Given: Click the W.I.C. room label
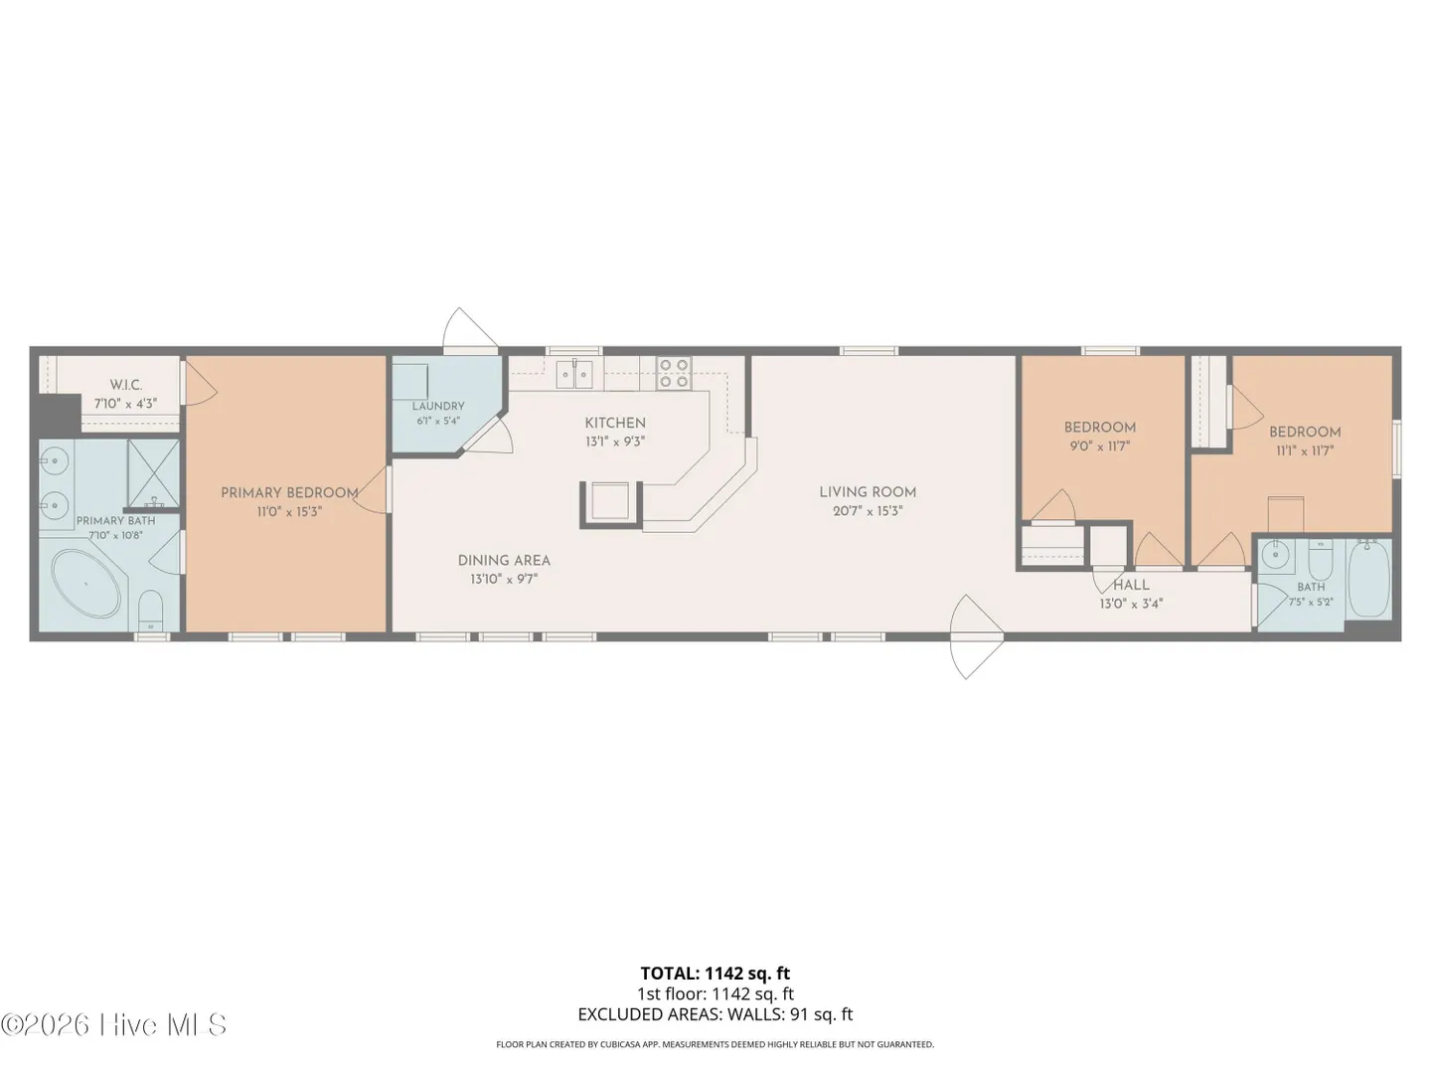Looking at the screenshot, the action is (x=126, y=385).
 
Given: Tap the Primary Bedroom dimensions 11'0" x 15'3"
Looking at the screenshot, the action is (x=289, y=512).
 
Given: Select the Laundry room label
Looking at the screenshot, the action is (x=438, y=407).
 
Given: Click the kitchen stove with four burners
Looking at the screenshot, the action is (x=674, y=373).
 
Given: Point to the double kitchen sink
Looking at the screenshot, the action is (x=574, y=374).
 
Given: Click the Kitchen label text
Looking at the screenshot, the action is (x=615, y=423).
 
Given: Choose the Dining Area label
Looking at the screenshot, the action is (x=504, y=560).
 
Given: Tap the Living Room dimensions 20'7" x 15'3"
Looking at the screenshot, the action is (x=868, y=511).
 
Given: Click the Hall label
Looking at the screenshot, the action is (x=1132, y=585).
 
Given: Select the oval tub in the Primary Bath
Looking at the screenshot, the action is (x=86, y=584).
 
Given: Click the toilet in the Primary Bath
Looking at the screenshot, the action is (x=151, y=611).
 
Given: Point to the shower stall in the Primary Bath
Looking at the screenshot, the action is (x=153, y=472).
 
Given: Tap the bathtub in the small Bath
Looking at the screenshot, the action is (x=1369, y=578).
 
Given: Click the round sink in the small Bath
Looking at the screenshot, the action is (x=1273, y=556).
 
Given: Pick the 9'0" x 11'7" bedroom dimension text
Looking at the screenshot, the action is (x=1100, y=447).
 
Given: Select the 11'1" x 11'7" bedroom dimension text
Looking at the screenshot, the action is (x=1305, y=450).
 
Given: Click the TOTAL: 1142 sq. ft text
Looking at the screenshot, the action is (x=715, y=974).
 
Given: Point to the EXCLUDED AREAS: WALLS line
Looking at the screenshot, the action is (x=715, y=1014).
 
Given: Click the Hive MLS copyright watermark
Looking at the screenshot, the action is (x=113, y=1025).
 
